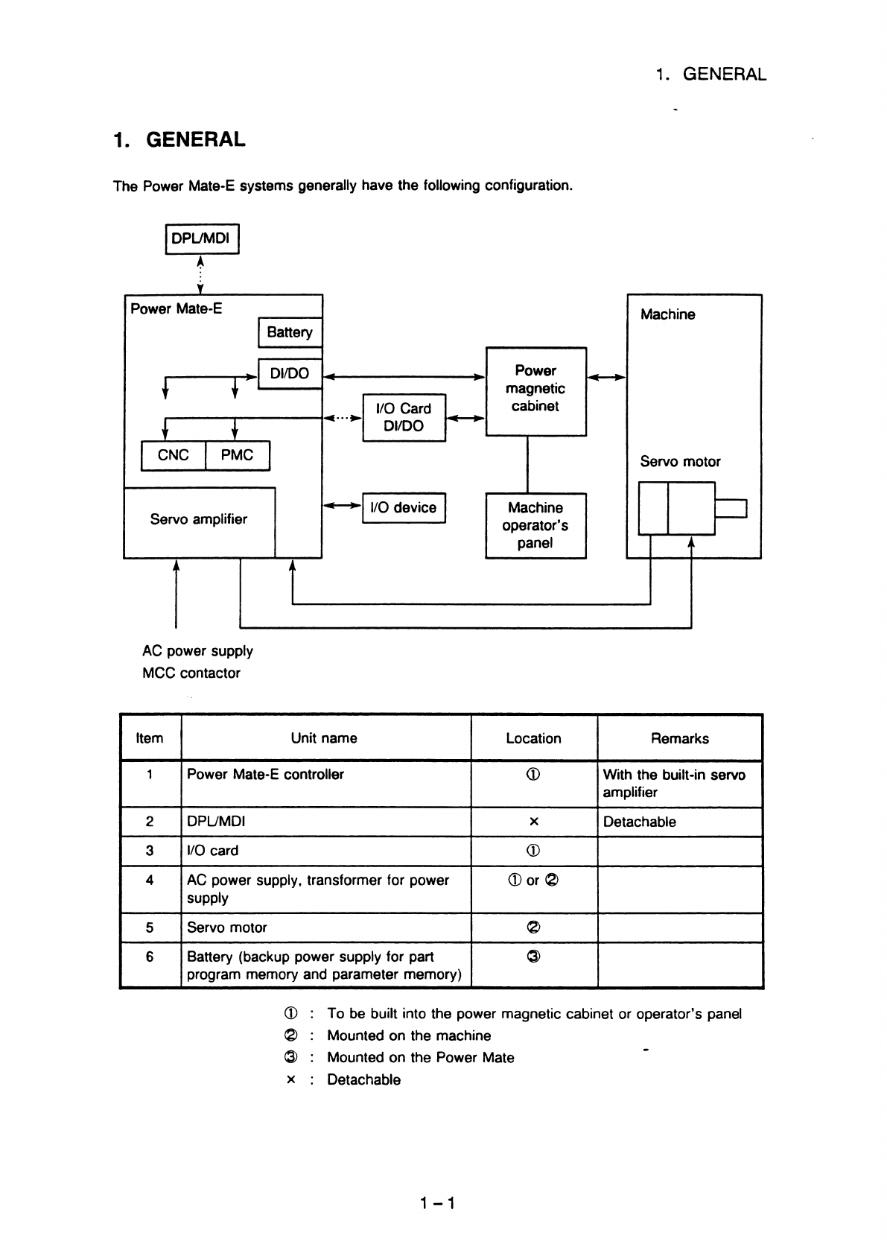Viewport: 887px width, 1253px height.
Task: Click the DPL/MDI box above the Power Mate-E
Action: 202,239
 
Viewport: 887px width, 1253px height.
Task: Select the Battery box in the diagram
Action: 290,332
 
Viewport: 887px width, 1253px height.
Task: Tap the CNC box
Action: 174,455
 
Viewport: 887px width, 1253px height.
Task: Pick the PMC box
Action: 238,455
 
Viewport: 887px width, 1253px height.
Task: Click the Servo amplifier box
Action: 199,522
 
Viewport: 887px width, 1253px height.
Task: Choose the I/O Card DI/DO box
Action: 404,417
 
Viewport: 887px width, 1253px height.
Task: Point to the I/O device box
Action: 404,507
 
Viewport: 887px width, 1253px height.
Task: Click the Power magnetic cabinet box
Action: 535,391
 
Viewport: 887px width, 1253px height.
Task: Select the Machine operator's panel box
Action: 535,525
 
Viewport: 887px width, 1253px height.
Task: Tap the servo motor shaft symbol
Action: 731,509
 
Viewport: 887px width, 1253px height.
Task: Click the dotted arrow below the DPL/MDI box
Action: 200,275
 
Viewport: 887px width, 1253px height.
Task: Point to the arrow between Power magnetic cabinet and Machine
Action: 607,377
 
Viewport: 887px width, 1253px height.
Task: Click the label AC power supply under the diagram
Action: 197,651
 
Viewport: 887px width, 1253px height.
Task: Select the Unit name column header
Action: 324,737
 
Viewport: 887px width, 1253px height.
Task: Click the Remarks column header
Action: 679,738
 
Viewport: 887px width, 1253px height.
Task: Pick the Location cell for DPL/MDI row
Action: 533,821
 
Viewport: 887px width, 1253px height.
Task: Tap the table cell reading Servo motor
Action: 227,927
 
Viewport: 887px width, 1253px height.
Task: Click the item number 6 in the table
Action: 150,957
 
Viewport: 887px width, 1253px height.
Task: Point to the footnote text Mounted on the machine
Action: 409,1035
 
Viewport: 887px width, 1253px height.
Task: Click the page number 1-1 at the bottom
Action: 437,1202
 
